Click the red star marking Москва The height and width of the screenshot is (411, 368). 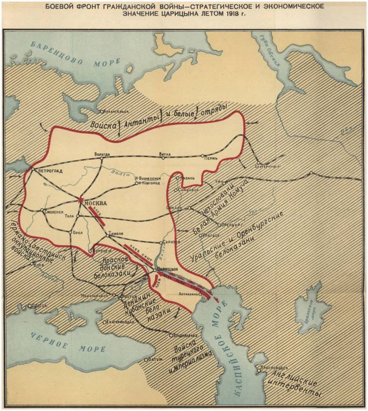81,200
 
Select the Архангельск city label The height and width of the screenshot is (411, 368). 117,111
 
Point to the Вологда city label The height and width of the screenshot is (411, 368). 102,154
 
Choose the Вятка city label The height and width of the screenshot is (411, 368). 165,154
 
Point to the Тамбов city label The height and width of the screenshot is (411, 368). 115,234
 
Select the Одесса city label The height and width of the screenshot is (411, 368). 38,305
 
